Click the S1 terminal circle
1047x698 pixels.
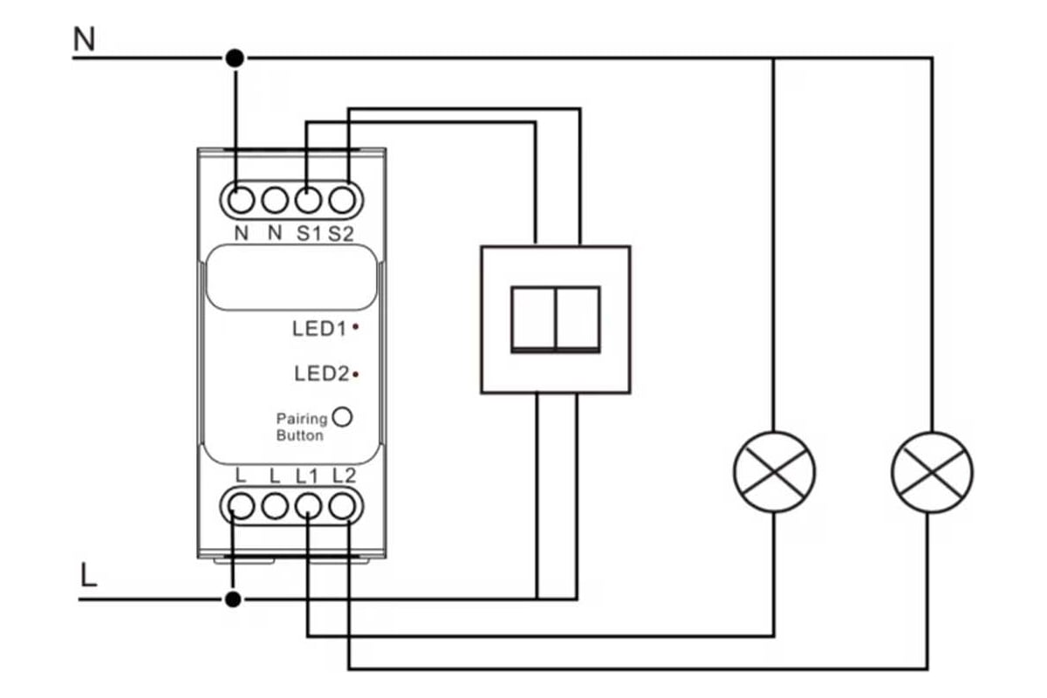pos(308,200)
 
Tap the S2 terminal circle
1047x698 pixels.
pos(345,200)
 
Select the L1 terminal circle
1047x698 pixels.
pos(308,505)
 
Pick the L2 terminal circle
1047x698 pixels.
pos(345,505)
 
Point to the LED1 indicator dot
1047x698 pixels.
pos(357,329)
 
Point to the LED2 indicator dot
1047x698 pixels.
pos(357,374)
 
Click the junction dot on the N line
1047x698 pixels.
pos(234,58)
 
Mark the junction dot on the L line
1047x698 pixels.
pos(233,599)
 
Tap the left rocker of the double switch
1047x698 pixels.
pos(533,318)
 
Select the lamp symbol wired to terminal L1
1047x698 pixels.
pos(774,472)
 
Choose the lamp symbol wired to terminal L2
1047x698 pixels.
pos(932,472)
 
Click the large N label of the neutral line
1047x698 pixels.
pos(85,39)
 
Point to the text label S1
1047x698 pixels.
pos(308,234)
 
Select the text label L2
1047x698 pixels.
pos(345,476)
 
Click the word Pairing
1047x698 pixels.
pos(302,420)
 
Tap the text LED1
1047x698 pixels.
pos(320,329)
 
